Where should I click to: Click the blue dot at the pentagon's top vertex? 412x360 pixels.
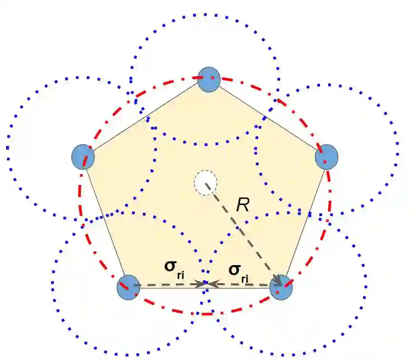(x=209, y=79)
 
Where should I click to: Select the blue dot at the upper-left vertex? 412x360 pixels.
(x=83, y=157)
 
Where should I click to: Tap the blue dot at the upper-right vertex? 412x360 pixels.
(x=327, y=157)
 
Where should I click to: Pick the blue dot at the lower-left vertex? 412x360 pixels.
(x=129, y=287)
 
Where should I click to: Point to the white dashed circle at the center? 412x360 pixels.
(x=205, y=183)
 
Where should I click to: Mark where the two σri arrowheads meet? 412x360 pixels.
(x=206, y=285)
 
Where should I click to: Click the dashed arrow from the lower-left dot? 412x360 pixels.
(x=167, y=285)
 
